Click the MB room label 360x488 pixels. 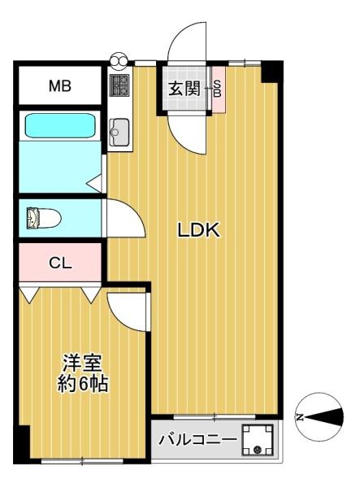[60, 86]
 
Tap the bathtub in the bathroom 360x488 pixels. [60, 125]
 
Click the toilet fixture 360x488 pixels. [44, 218]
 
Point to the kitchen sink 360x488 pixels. [119, 132]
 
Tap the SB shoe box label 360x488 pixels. [218, 89]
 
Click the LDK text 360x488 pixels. [199, 230]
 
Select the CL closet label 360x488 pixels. [60, 264]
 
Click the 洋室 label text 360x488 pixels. [82, 363]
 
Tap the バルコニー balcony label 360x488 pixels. [197, 439]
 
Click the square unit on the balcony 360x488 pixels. [258, 440]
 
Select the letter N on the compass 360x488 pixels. [300, 417]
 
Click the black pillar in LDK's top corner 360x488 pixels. [272, 72]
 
